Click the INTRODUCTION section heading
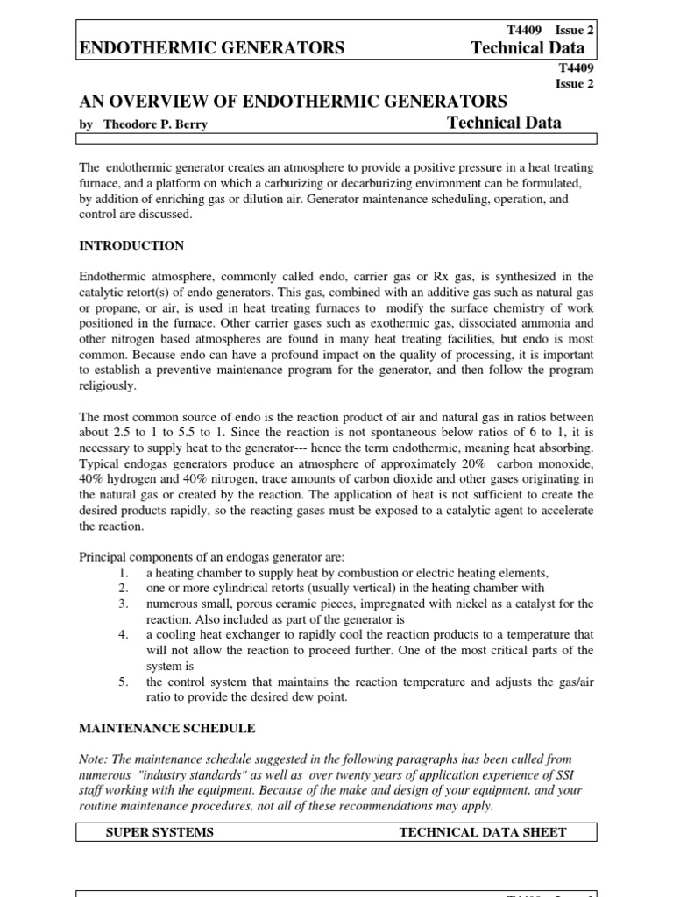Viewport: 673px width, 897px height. [131, 245]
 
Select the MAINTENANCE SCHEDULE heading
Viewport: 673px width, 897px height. [167, 728]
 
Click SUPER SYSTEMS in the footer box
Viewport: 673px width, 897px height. [159, 831]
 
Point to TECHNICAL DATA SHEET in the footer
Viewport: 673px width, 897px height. [483, 831]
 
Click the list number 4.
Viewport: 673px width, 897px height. [124, 634]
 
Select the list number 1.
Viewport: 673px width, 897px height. [124, 572]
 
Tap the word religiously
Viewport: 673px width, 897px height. [108, 385]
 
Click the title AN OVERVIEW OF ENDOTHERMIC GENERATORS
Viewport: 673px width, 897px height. [293, 102]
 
